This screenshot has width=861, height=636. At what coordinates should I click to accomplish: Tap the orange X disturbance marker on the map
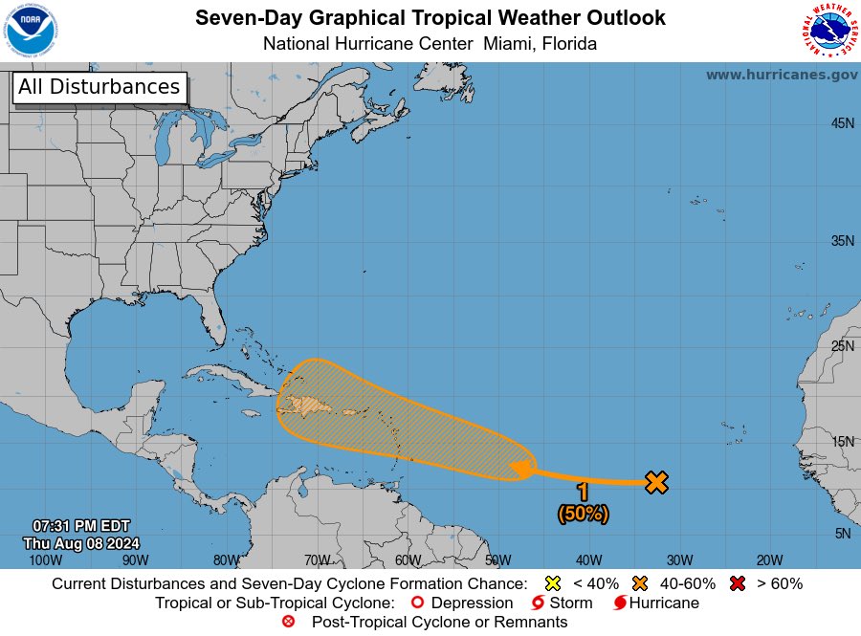pyautogui.click(x=656, y=482)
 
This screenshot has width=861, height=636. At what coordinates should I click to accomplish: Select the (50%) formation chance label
pyautogui.click(x=583, y=514)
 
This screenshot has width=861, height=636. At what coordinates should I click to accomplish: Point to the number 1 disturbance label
pyautogui.click(x=583, y=493)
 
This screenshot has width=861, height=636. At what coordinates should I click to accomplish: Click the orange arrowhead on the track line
pyautogui.click(x=521, y=469)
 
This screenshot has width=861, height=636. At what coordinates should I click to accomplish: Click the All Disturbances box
pyautogui.click(x=99, y=87)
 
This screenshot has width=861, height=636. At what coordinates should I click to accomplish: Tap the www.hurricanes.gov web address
pyautogui.click(x=781, y=75)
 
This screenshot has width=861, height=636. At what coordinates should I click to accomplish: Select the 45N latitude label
pyautogui.click(x=842, y=123)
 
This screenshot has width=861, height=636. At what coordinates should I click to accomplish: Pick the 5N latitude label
pyautogui.click(x=842, y=534)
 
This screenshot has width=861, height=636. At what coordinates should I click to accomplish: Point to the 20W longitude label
pyautogui.click(x=769, y=560)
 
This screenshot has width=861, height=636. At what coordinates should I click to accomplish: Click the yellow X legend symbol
pyautogui.click(x=552, y=583)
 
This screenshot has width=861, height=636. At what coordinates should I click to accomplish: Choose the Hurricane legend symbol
pyautogui.click(x=619, y=603)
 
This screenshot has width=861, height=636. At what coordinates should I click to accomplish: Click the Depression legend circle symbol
pyautogui.click(x=416, y=603)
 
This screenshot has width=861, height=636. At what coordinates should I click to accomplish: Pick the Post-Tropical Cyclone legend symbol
pyautogui.click(x=288, y=622)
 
